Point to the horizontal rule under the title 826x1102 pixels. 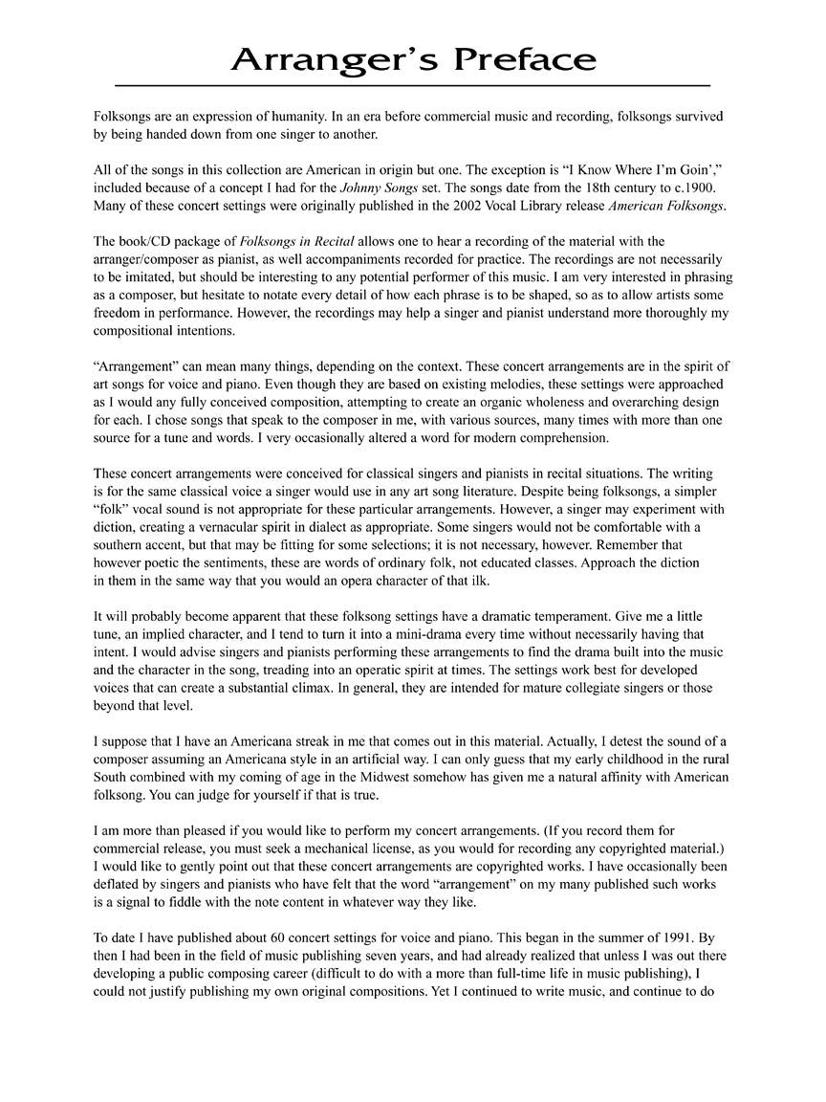pos(412,86)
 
